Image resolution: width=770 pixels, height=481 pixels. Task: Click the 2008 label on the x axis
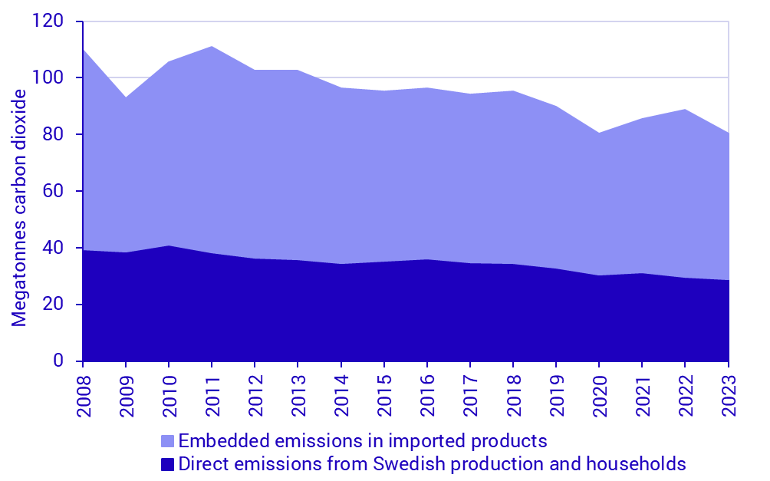pos(82,395)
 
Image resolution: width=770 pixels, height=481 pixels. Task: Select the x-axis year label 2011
pos(211,395)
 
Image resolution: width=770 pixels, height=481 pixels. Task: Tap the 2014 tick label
pos(341,395)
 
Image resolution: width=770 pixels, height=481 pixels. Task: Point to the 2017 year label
pos(470,395)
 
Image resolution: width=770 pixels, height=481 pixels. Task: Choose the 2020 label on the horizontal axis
pos(599,395)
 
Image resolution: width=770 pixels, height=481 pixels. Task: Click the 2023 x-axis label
pos(729,395)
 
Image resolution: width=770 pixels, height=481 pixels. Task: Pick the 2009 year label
pos(125,395)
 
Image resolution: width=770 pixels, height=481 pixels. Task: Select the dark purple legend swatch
pos(168,464)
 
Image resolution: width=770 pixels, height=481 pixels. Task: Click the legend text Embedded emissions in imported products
pos(362,441)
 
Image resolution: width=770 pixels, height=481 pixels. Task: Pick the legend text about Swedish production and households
pos(432,463)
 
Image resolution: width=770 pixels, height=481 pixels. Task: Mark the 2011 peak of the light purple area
pos(211,47)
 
